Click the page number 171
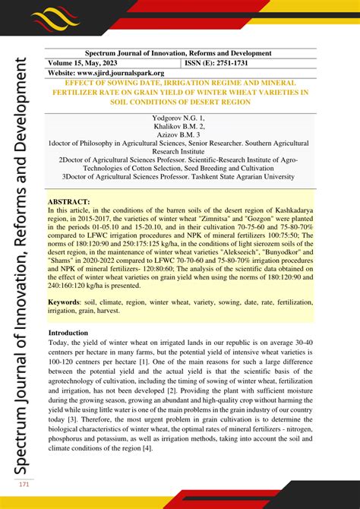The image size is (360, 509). click(24, 485)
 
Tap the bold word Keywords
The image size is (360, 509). click(68, 302)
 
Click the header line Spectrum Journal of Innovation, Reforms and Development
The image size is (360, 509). click(178, 53)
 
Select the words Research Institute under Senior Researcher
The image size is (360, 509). click(178, 152)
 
